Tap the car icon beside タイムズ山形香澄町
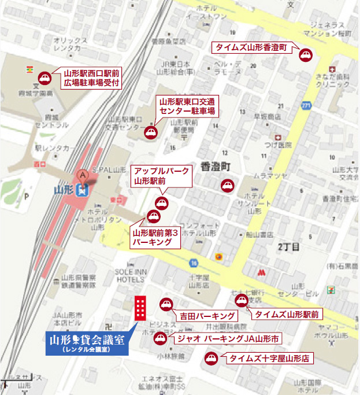pyautogui.click(x=305, y=55)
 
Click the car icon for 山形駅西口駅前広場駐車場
pyautogui.click(x=44, y=79)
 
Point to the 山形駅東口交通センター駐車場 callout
pyautogui.click(x=188, y=105)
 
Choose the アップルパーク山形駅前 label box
pyautogui.click(x=161, y=176)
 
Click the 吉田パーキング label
pyautogui.click(x=205, y=316)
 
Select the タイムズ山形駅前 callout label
pyautogui.click(x=285, y=314)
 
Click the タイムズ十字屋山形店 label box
pyautogui.click(x=269, y=359)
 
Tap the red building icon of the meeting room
pyautogui.click(x=140, y=308)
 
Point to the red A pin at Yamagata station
pyautogui.click(x=83, y=176)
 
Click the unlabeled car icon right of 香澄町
pyautogui.click(x=227, y=186)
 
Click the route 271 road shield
pyautogui.click(x=306, y=105)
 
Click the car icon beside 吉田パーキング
pyautogui.click(x=166, y=304)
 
